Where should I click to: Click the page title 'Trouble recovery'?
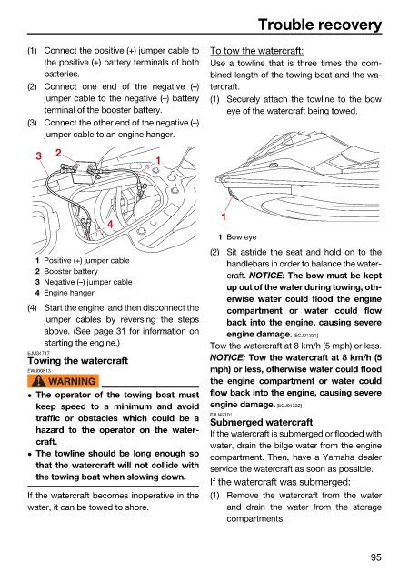[320, 25]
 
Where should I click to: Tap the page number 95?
[375, 557]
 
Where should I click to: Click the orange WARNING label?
[63, 381]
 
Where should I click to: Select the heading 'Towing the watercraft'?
[77, 361]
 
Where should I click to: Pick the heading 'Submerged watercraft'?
[261, 422]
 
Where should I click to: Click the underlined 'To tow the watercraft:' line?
[256, 51]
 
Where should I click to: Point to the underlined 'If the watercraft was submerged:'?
[280, 482]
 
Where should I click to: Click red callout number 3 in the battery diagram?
[38, 156]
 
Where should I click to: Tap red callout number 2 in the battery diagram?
[58, 152]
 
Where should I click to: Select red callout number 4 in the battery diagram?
[110, 224]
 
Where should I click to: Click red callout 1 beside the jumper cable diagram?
[158, 160]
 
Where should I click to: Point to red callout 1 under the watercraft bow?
[224, 216]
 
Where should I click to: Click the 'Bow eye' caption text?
[241, 237]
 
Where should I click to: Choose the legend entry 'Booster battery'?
[71, 271]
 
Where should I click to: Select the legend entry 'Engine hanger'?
[69, 293]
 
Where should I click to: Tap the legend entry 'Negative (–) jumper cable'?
[88, 282]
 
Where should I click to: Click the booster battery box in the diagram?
[84, 172]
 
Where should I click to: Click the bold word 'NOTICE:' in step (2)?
[266, 276]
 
